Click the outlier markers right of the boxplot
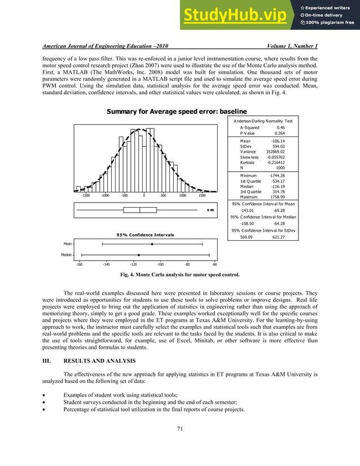[210, 210]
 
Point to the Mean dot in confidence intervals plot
[152, 244]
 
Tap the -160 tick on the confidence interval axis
[79, 264]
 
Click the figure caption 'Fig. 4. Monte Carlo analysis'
[180, 275]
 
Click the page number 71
[180, 445]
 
